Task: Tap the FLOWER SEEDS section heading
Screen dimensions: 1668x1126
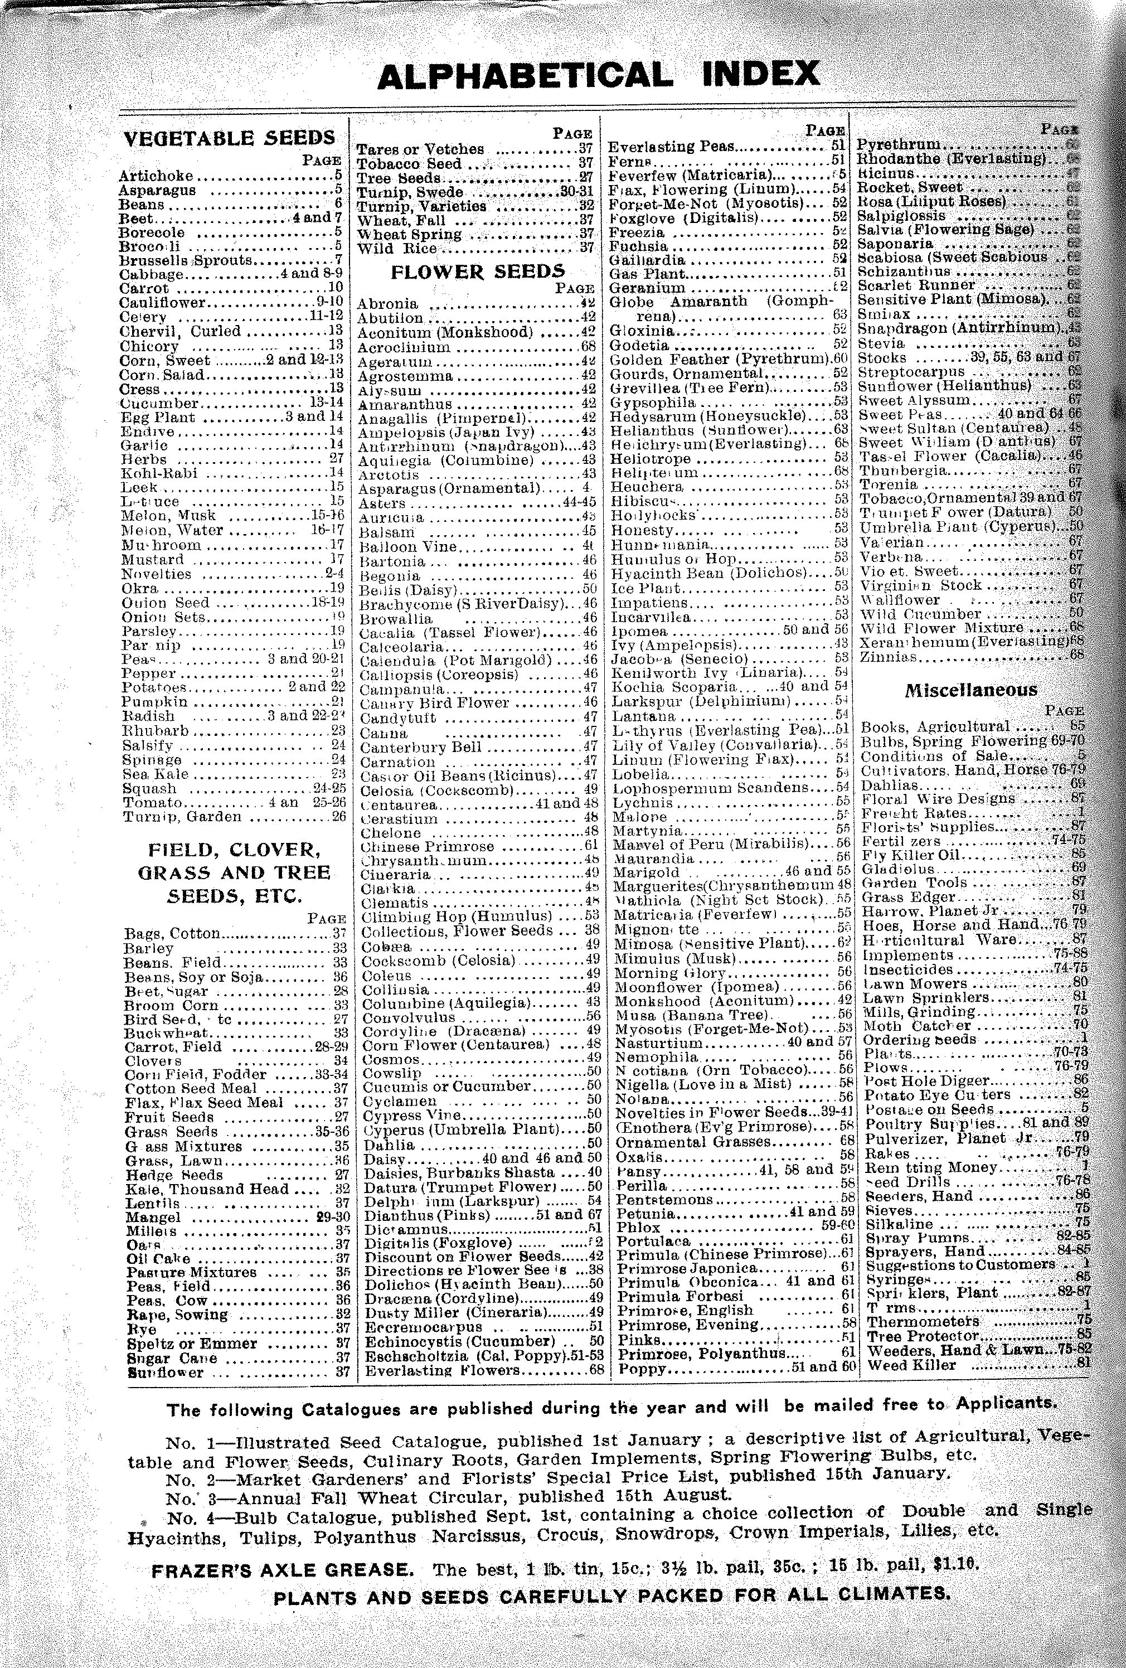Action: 477,271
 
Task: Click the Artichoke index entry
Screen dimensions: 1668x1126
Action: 157,176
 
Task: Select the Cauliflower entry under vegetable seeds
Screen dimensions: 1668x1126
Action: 162,303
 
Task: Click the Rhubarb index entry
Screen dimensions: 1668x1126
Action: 155,731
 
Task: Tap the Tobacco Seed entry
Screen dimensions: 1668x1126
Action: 409,164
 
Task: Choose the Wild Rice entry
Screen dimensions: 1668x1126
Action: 396,248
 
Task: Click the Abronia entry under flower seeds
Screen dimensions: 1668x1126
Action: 387,304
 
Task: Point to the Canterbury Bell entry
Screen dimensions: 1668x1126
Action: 420,747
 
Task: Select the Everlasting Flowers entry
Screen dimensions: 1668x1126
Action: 440,1370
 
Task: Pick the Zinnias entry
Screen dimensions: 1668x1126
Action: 889,655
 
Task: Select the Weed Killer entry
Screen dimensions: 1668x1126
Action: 911,1365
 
